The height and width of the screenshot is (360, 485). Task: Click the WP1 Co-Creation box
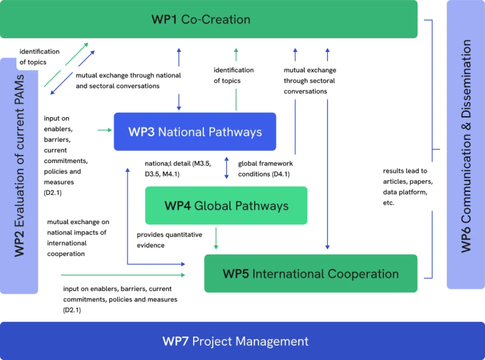(209, 19)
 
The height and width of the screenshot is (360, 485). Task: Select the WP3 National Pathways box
(195, 131)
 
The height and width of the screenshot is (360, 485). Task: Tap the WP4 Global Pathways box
(226, 206)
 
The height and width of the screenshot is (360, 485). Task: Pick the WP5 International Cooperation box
(310, 274)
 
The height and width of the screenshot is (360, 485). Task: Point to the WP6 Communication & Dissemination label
(466, 146)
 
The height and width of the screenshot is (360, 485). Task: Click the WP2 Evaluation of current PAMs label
(19, 165)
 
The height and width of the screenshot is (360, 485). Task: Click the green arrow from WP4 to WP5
(216, 238)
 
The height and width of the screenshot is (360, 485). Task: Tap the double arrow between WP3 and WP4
(226, 168)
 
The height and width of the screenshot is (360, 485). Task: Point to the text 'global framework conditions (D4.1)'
(265, 169)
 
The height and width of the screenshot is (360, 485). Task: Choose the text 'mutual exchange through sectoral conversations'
(310, 81)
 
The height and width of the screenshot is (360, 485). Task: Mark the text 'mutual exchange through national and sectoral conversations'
(128, 81)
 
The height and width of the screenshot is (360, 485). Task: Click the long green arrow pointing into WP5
(123, 275)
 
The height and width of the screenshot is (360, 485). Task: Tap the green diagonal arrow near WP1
(66, 65)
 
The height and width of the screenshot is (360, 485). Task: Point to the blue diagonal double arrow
(73, 72)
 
